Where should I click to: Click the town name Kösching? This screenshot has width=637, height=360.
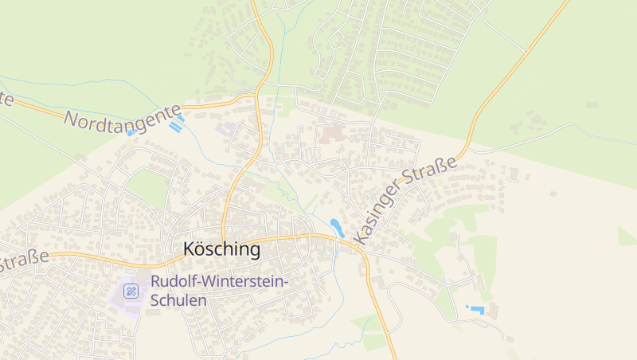coord(221,249)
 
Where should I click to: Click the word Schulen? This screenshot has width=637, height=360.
coord(178,300)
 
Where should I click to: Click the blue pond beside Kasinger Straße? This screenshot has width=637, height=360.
coord(337,227)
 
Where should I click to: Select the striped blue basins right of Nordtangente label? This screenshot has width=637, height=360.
coord(176,123)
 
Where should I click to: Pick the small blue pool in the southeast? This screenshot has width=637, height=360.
coord(476,309)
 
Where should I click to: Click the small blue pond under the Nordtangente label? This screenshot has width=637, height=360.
coord(131,133)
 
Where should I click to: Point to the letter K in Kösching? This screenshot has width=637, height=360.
coord(189,249)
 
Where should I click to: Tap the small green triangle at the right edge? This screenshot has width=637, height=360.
coord(626,237)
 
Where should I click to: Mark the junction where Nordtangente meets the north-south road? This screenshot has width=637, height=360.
coord(257,98)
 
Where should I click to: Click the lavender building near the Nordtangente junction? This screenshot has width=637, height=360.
coord(227,127)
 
